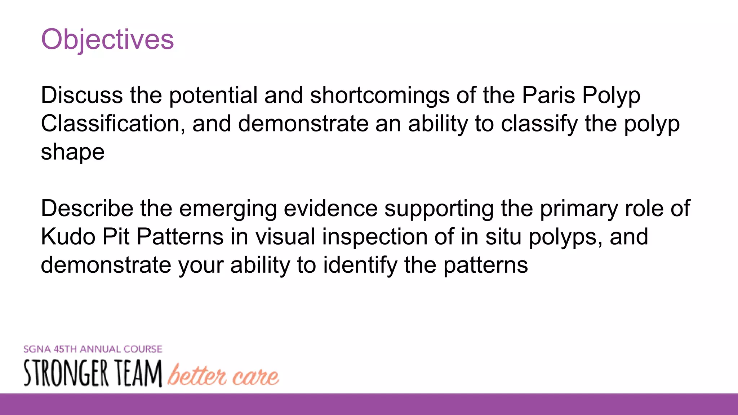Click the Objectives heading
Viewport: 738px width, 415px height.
(107, 39)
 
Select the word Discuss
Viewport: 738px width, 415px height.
(82, 95)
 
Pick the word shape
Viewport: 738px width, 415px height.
(72, 152)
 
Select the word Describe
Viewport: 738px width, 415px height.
(87, 209)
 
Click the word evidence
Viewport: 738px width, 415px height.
(330, 209)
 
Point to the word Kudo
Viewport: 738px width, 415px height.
(67, 237)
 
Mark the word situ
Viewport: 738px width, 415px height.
(503, 237)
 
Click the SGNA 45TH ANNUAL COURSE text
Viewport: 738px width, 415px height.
(93, 349)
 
